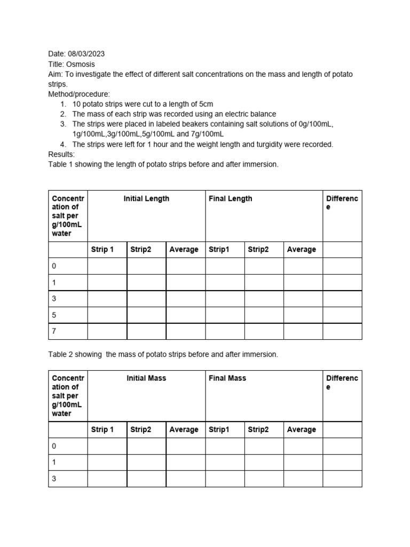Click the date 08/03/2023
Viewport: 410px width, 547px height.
point(85,54)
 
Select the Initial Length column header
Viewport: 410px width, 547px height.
point(146,199)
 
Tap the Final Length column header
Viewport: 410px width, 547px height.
point(230,199)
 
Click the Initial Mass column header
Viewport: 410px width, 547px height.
point(146,378)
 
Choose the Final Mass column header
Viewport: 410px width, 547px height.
point(227,378)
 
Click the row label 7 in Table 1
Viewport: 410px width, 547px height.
point(54,331)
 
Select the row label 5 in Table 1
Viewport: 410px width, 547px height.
point(54,315)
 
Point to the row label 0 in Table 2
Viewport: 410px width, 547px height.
point(54,446)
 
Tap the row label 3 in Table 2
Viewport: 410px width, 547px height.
point(54,479)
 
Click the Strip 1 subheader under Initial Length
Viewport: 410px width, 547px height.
point(102,249)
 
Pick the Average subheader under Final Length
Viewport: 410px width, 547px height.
point(301,249)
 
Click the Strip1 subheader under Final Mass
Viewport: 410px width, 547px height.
point(218,429)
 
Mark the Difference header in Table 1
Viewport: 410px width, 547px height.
point(342,203)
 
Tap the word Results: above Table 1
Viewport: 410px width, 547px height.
point(61,154)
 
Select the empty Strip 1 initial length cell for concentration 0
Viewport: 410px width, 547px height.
point(107,266)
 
